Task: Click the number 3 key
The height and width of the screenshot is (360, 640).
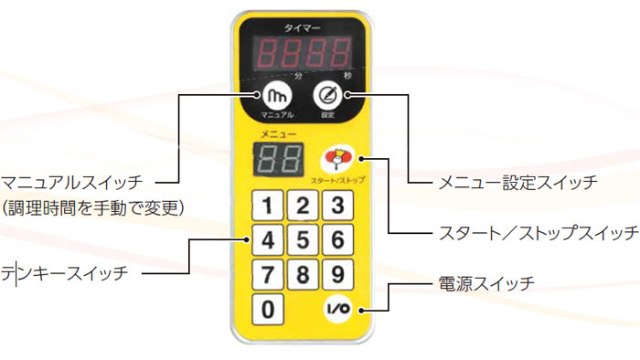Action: click(x=337, y=206)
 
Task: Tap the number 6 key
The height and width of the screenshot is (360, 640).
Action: click(x=337, y=241)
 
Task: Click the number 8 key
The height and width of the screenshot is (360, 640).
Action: click(x=303, y=275)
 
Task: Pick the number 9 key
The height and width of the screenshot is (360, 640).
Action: click(x=337, y=275)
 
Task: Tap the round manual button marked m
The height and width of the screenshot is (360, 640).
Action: click(x=278, y=95)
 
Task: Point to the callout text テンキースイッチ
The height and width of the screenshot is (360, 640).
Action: click(x=65, y=272)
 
